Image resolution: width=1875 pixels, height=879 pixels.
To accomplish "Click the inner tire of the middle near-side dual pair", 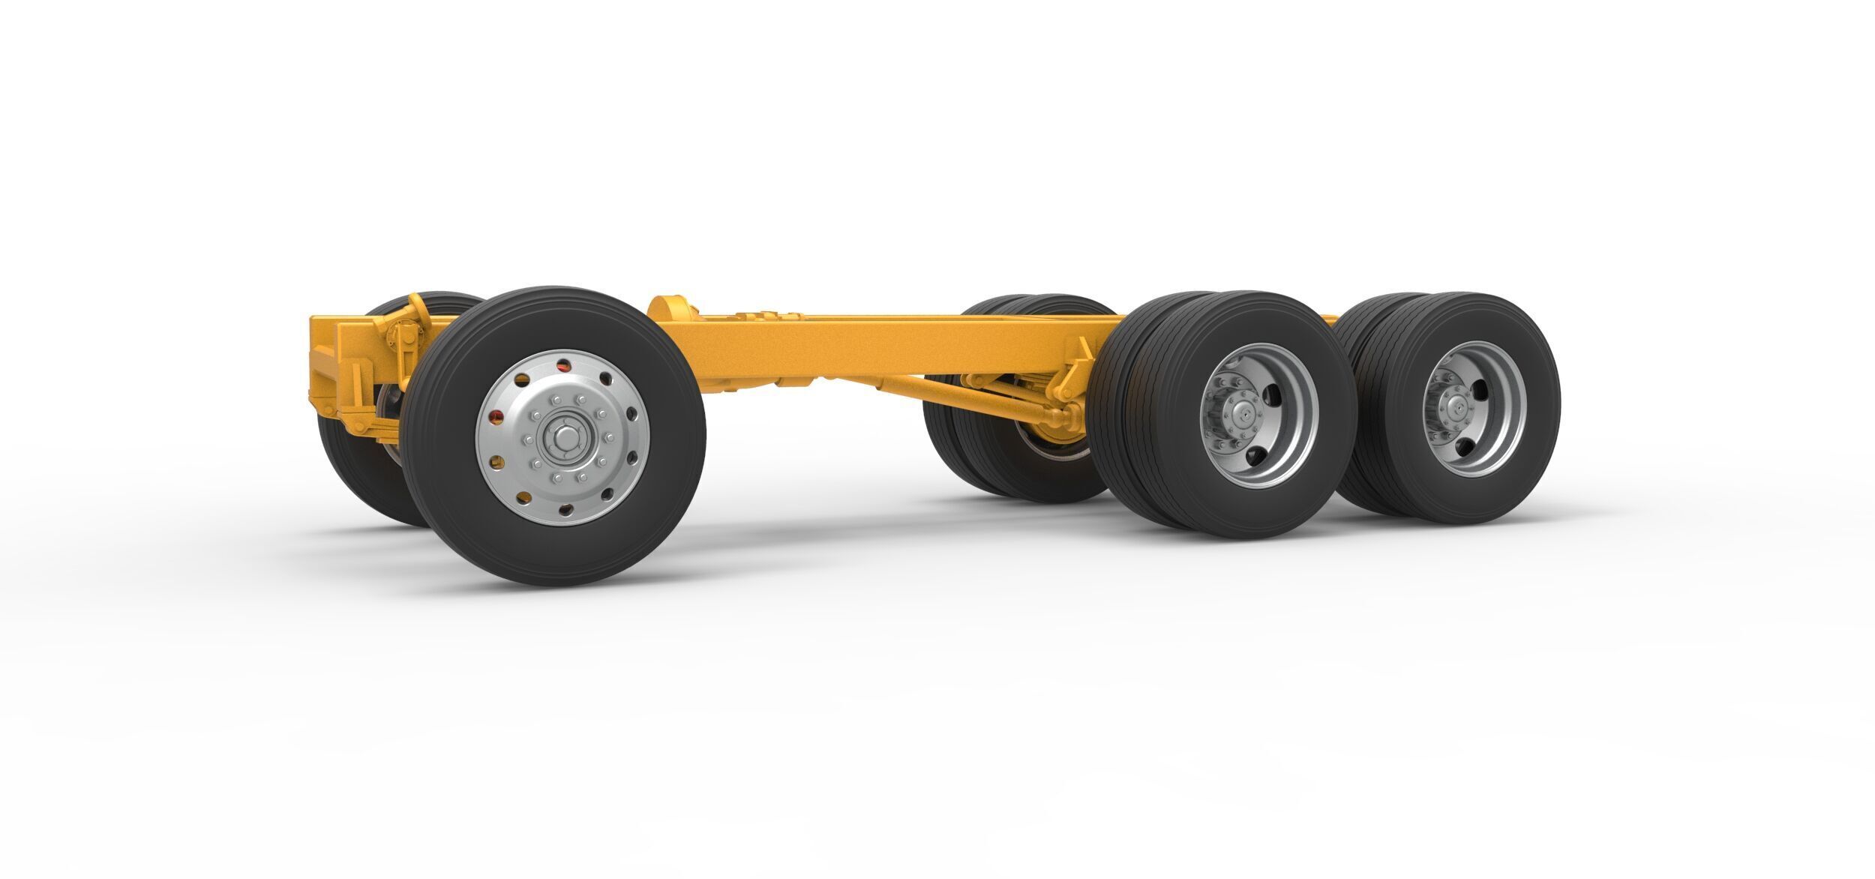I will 1117,420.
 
